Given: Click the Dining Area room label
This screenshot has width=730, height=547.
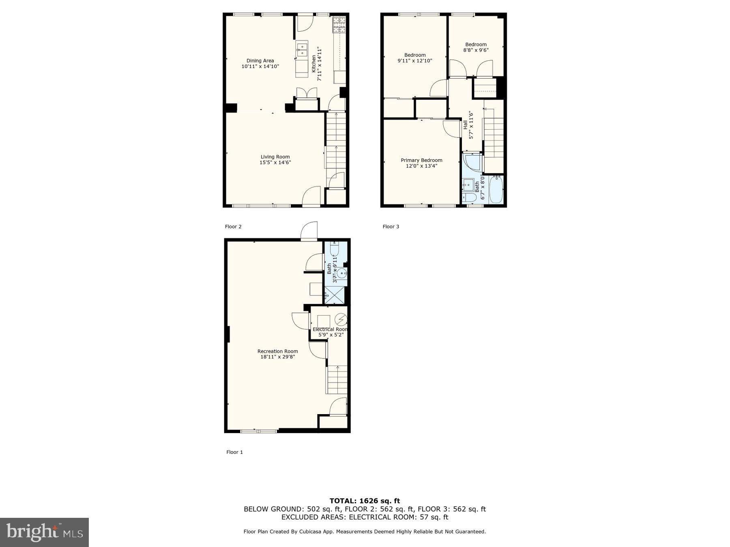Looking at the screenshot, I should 260,61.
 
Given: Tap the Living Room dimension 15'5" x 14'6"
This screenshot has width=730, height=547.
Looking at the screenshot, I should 275,162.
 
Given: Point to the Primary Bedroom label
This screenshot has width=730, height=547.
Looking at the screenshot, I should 421,160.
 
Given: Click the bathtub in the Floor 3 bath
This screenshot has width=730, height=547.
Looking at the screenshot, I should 496,189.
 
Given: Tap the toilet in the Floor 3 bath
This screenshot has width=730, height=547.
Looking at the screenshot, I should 469,198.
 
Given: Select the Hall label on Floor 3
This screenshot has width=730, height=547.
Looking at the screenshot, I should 465,125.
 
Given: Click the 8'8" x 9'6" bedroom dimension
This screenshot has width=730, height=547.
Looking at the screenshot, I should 476,50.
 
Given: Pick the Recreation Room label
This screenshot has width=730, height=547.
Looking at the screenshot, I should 277,351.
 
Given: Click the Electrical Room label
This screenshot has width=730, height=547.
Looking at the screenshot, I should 330,329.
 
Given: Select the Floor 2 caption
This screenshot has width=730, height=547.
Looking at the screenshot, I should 233,226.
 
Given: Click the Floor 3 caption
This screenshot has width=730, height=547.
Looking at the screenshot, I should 391,226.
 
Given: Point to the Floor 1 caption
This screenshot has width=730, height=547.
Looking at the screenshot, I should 234,452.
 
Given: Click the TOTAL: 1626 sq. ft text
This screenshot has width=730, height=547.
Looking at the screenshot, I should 365,501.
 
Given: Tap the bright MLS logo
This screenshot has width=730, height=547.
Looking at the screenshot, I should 44,532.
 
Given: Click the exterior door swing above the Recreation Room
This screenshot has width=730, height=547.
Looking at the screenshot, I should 309,231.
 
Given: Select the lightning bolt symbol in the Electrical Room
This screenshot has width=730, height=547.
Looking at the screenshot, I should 341,320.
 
